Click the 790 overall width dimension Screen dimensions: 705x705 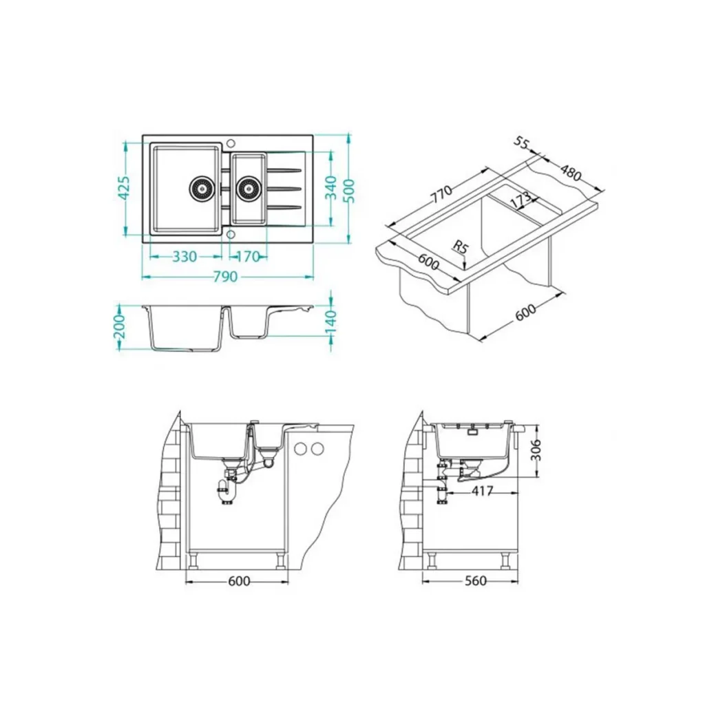pos(225,277)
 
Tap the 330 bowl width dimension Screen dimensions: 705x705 pos(185,257)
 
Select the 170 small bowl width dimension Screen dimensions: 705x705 pos(248,257)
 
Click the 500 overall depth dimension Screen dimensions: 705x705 pos(349,191)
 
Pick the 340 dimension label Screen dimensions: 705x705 pos(330,188)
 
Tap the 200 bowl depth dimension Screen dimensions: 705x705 pos(119,327)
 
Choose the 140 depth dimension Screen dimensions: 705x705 pos(330,320)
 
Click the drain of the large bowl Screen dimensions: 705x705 pos(201,188)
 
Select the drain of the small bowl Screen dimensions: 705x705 pos(248,188)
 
